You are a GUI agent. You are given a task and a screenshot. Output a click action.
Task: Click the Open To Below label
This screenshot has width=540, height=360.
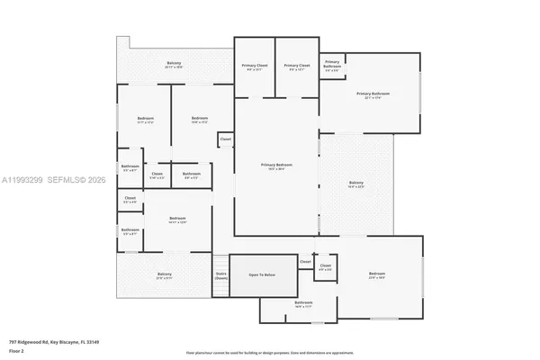pos(263,274)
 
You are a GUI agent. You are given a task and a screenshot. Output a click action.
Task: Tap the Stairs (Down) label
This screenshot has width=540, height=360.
pos(220,275)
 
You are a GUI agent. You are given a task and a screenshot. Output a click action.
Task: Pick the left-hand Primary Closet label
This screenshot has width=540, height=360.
pos(255,67)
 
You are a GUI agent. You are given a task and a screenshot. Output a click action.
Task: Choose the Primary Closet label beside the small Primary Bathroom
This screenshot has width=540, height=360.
pos(297,67)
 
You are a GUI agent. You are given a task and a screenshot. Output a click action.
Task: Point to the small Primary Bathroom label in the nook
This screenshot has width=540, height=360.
pos(331,64)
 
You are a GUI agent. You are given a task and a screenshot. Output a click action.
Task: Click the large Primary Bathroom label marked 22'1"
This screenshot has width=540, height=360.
pos(373,94)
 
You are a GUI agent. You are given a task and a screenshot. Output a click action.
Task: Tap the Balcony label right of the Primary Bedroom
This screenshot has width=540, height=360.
pos(356,184)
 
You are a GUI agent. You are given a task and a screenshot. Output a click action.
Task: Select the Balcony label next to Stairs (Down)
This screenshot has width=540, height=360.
pos(165,274)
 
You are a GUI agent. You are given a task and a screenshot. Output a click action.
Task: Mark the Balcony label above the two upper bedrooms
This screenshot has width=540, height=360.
pos(174,64)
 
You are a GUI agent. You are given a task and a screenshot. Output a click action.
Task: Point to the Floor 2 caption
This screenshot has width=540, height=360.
pos(17,350)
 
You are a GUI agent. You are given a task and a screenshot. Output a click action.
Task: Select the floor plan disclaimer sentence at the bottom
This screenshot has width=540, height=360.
pos(270,353)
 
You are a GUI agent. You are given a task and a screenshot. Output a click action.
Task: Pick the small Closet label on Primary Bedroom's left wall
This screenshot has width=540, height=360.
pos(225,139)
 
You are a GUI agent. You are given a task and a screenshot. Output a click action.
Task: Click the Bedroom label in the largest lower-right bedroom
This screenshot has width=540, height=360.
pos(376,274)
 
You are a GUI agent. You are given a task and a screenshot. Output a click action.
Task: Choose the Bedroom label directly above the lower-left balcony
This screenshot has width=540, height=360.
pos(177,220)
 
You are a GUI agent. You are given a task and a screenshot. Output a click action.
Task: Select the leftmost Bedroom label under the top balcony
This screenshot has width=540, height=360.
pos(146,120)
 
